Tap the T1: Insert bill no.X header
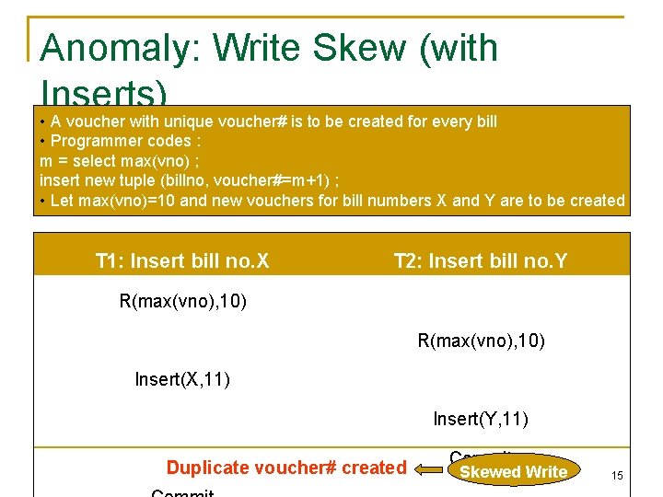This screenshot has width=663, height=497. (182, 261)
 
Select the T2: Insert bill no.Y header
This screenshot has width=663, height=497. (481, 261)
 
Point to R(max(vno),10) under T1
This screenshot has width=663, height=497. (183, 301)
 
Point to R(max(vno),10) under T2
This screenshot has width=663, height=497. (482, 341)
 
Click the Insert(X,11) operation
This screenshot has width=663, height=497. (182, 378)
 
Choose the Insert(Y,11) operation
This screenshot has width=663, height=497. (481, 420)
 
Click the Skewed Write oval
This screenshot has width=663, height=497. (513, 471)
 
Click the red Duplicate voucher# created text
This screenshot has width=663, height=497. (286, 468)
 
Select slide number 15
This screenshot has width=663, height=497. (617, 475)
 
